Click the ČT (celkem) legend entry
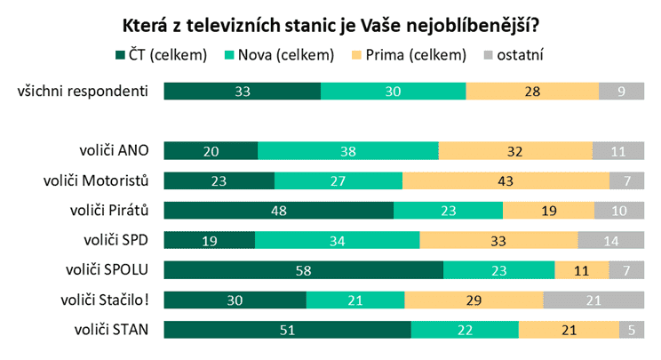[161, 55]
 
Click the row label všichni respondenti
[82, 91]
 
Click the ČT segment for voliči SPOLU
[304, 270]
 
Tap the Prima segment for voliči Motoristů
[506, 180]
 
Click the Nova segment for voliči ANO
[348, 151]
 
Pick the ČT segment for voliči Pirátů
[279, 211]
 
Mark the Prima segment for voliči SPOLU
[582, 270]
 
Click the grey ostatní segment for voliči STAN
[630, 330]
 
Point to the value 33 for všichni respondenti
[243, 91]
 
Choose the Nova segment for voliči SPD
[337, 241]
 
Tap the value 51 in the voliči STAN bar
[288, 330]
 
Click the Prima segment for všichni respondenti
[532, 91]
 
